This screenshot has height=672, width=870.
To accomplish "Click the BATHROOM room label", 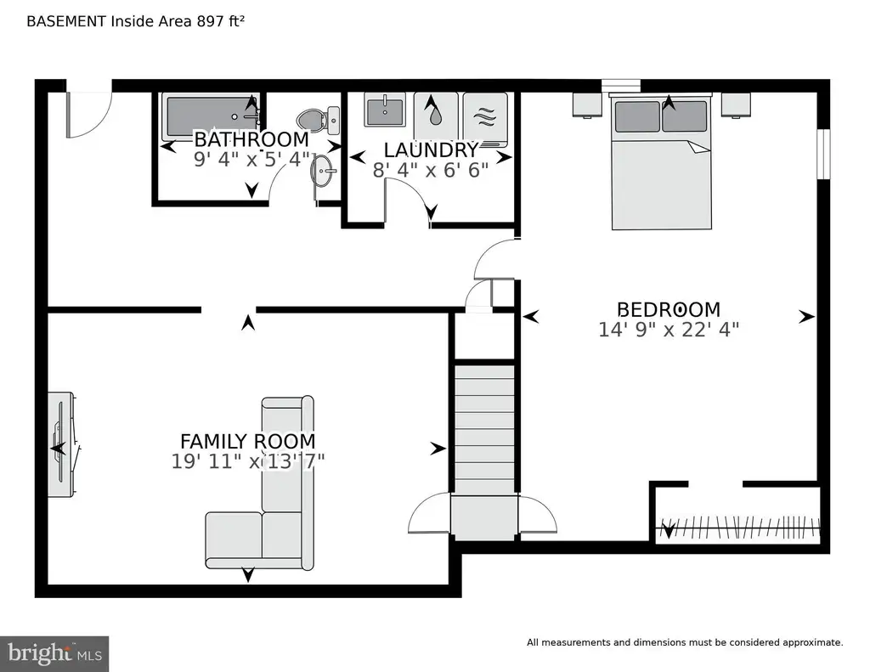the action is point(251,138).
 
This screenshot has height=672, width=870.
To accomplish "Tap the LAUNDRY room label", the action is point(431,150).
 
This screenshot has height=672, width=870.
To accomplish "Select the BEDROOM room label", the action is point(669,309).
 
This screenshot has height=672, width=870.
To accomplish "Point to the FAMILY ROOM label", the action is point(248,441).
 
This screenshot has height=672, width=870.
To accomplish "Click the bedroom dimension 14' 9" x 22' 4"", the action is point(669,329).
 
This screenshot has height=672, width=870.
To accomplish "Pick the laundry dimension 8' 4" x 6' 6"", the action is point(431,170).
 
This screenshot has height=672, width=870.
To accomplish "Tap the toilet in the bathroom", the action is point(319,120).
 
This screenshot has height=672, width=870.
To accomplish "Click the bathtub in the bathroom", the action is point(212,117).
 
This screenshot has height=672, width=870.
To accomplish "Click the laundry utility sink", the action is point(385,110).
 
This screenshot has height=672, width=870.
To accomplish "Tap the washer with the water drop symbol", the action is point(436,115).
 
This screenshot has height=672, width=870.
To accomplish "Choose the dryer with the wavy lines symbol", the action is point(485,119).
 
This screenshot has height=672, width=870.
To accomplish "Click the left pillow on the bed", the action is point(637,116).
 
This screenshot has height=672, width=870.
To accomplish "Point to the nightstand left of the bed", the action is point(587,104).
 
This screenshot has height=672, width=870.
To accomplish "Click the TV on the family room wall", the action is point(61,444).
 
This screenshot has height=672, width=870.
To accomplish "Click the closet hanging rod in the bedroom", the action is point(738,527).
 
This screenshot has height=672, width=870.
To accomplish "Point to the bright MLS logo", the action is point(54,653).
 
